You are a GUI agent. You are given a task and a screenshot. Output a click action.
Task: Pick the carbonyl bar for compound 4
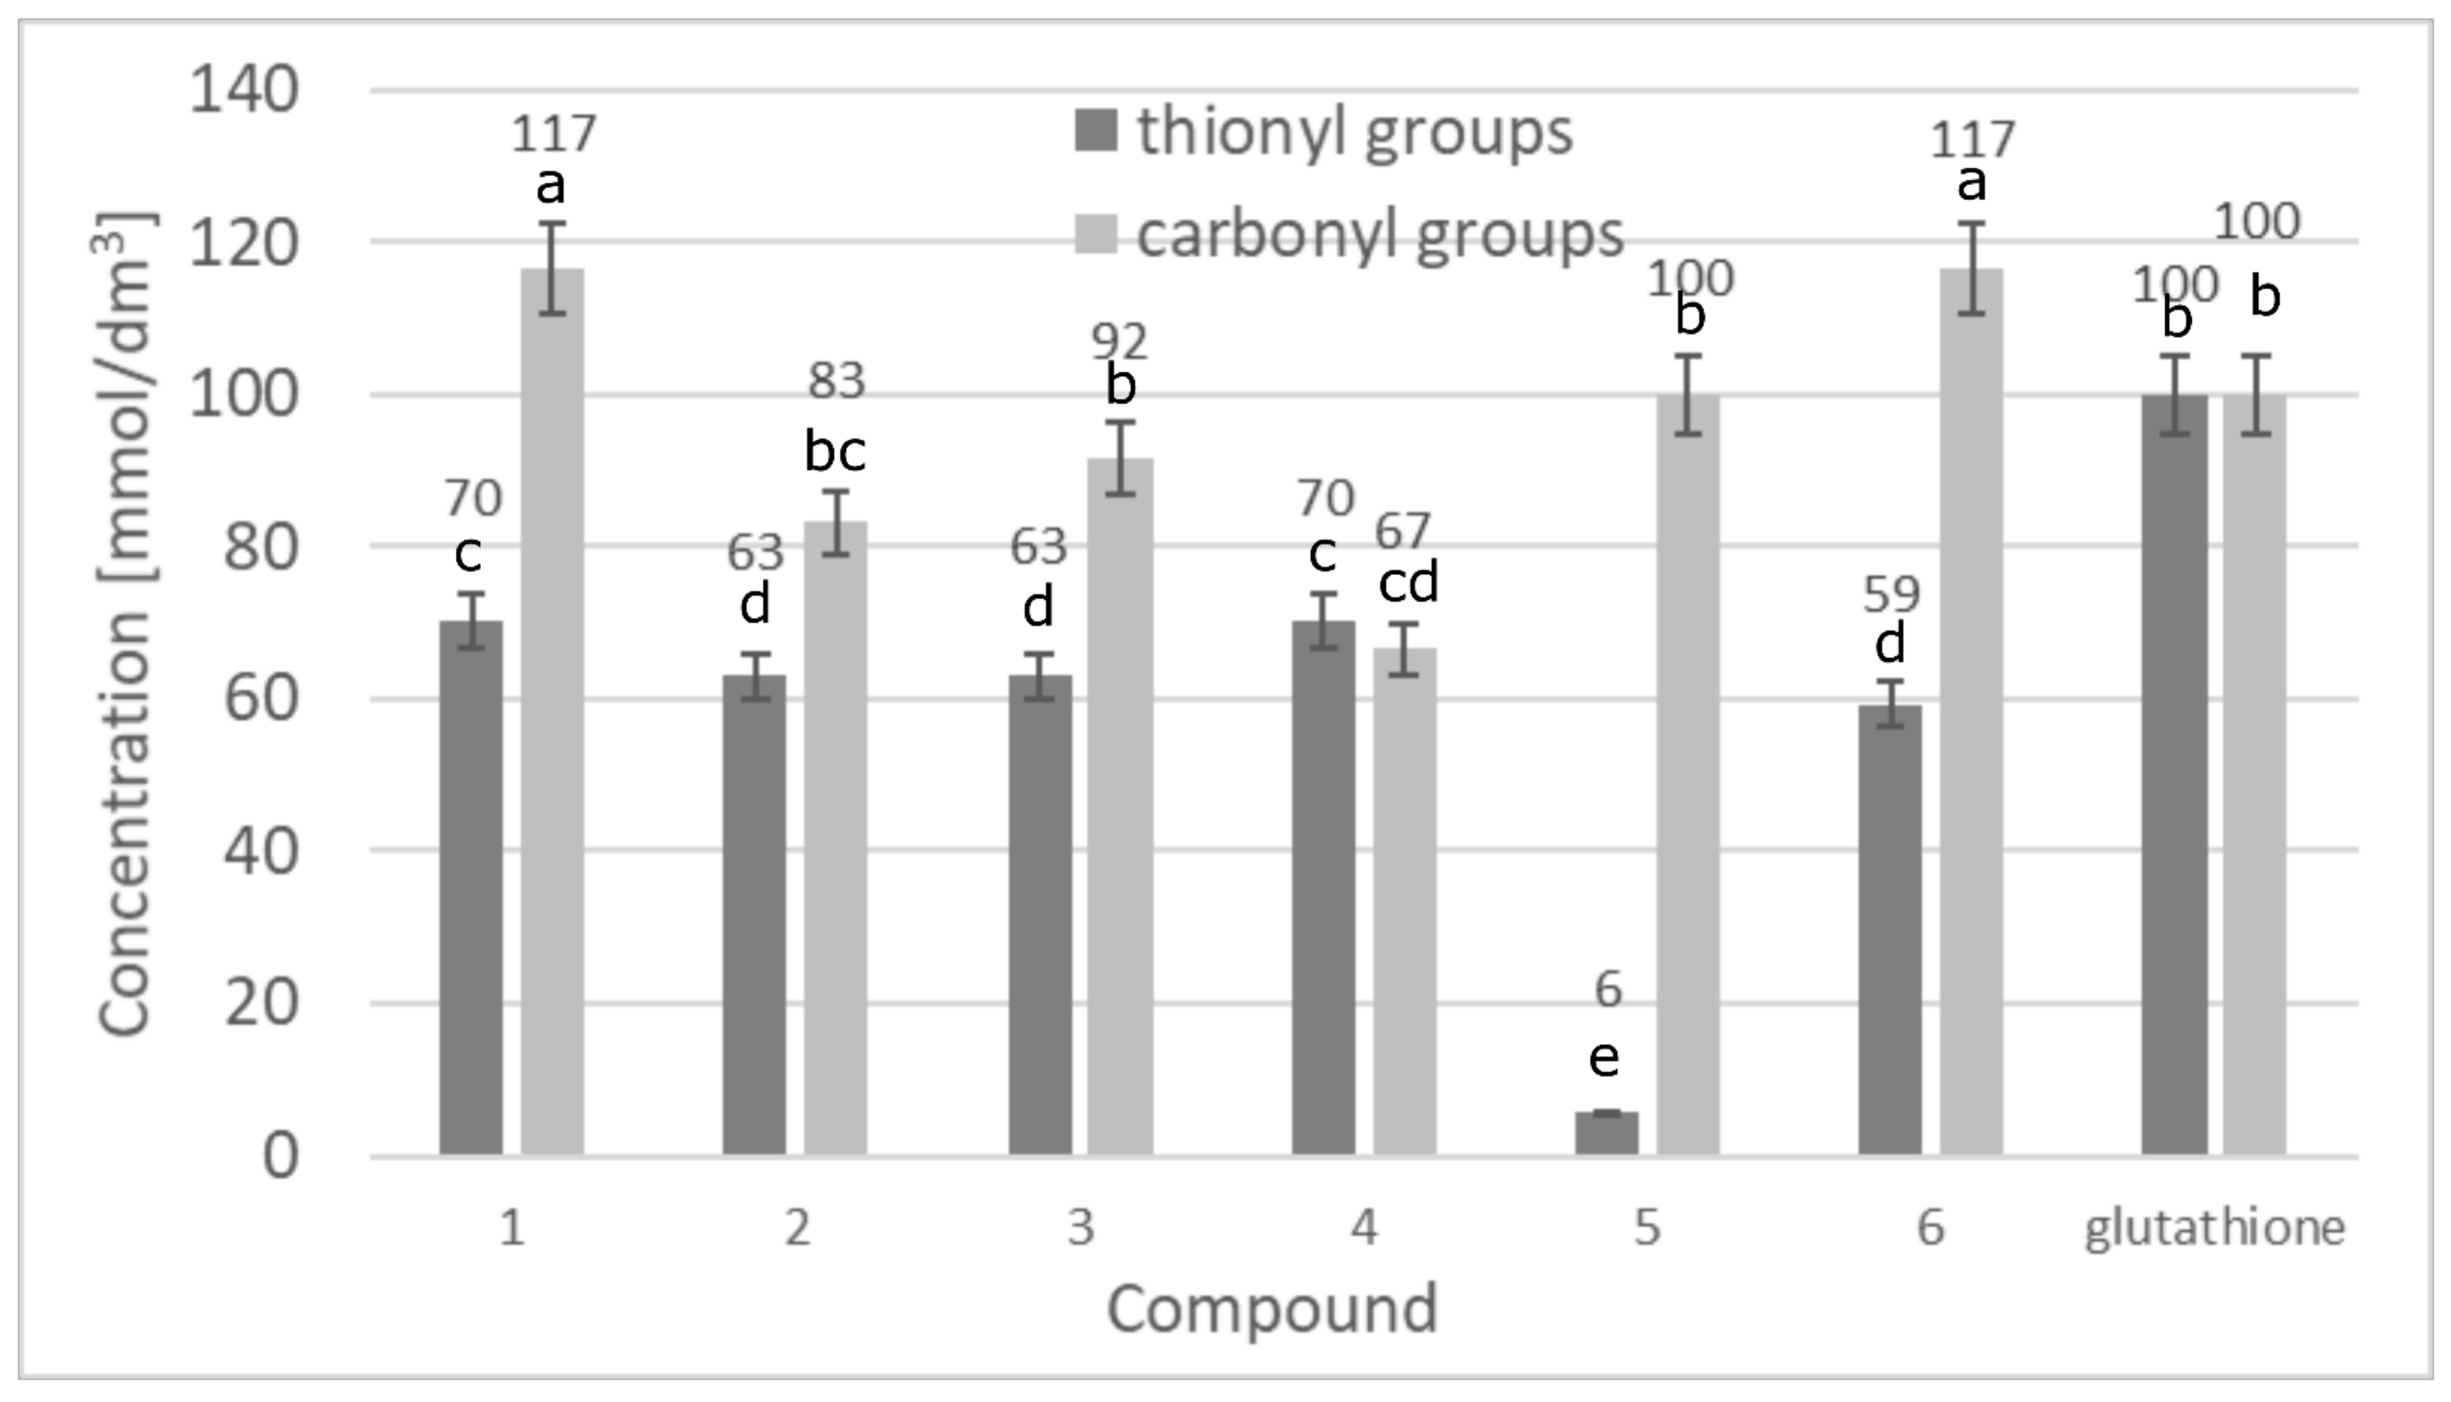[1405, 900]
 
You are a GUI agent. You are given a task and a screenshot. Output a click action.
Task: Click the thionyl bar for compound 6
[1890, 929]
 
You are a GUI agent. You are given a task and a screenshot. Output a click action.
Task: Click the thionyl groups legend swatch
[1096, 131]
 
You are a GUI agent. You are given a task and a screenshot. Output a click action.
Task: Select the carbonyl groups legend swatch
[1096, 234]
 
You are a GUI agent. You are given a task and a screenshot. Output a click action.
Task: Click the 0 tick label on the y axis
[280, 1156]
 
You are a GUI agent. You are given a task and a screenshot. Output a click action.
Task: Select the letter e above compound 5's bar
[1604, 1058]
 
